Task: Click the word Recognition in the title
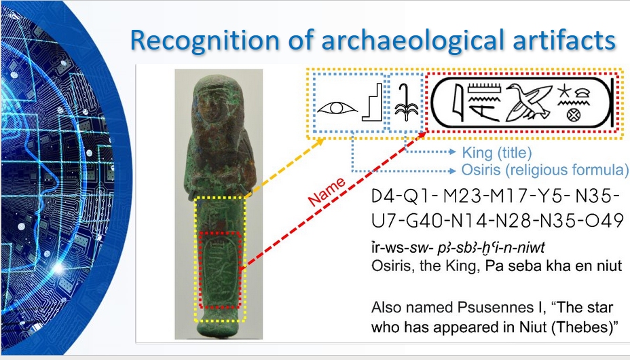[x=204, y=40]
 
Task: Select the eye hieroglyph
[x=337, y=108]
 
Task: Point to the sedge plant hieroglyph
[x=406, y=103]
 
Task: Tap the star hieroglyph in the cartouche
[x=564, y=91]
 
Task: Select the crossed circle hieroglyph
[x=574, y=115]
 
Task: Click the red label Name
[x=327, y=192]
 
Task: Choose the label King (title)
[x=497, y=153]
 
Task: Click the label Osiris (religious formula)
[x=545, y=170]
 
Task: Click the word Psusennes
[x=495, y=308]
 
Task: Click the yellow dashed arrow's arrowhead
[x=320, y=142]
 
